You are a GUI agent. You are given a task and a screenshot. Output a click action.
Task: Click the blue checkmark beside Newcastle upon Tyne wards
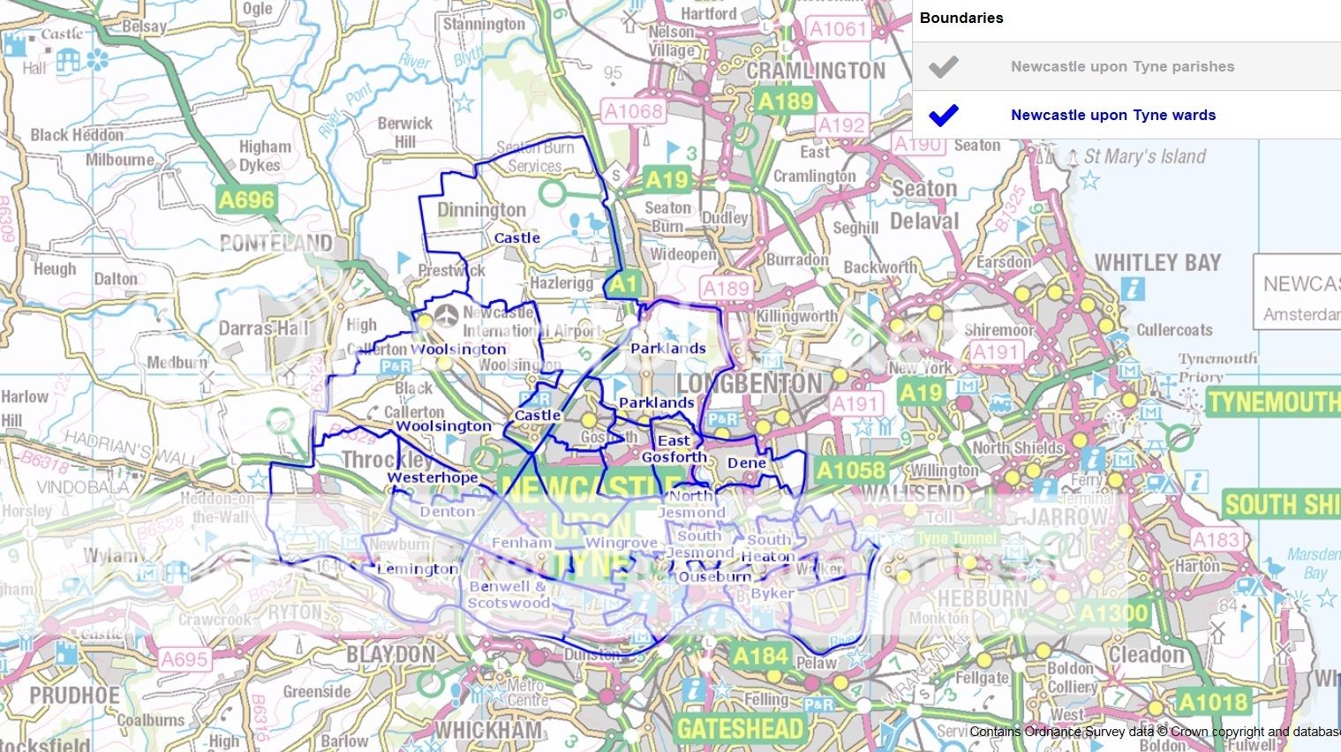pos(944,115)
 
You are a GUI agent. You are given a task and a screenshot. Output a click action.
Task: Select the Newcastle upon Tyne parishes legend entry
pos(1122,66)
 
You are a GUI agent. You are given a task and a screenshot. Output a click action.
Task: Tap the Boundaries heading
pos(961,18)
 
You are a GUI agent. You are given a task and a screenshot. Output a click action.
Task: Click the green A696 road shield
pos(246,199)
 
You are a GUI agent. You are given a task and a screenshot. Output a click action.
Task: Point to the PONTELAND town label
pos(276,243)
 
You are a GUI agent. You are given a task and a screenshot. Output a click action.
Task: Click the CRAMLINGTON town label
pos(815,71)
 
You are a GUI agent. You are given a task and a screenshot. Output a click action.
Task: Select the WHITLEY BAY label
pos(1157,262)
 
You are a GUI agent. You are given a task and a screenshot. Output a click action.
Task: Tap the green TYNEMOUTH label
pos(1271,402)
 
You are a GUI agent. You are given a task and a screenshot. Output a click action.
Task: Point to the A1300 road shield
pos(1113,613)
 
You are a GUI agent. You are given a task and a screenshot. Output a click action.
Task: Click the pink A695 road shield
pos(185,658)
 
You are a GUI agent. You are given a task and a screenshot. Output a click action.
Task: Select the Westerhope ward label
pos(433,478)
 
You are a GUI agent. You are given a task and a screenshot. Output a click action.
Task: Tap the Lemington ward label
pos(418,569)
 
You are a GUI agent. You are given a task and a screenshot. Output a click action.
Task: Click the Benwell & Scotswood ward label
pos(509,595)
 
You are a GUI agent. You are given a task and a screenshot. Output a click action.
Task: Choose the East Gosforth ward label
pos(674,448)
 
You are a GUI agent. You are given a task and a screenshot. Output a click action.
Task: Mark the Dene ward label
pos(746,462)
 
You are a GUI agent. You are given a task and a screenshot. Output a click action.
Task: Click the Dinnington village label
pos(481,210)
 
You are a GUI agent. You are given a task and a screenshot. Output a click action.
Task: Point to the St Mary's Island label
pos(1144,157)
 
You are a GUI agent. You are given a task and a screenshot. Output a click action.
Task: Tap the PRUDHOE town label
pos(74,696)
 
